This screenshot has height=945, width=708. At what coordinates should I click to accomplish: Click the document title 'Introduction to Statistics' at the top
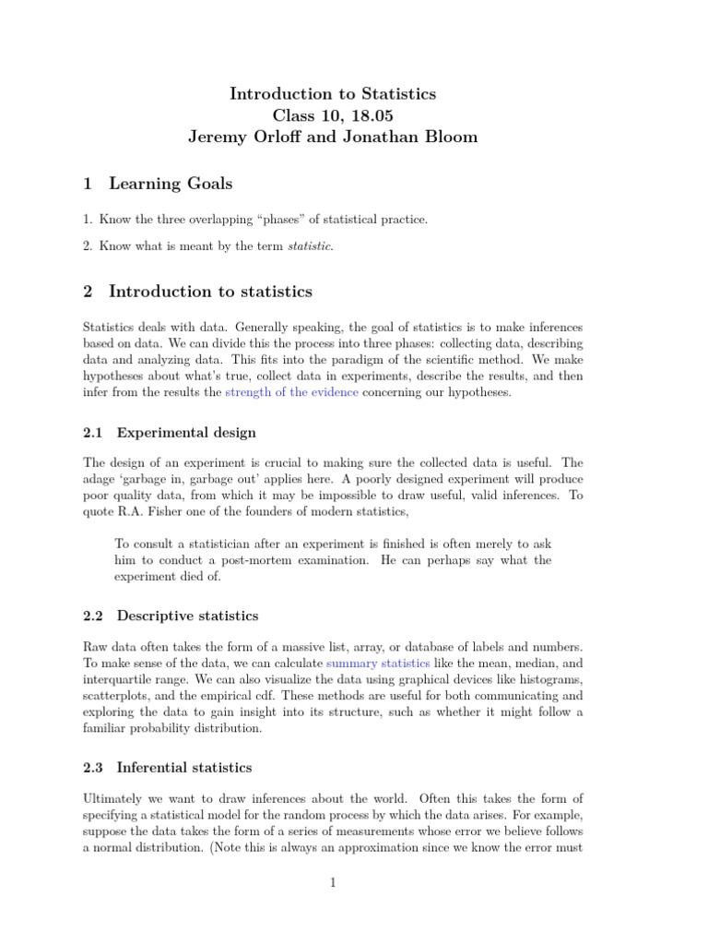332,94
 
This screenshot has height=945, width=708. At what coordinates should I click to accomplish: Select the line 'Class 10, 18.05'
332,115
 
